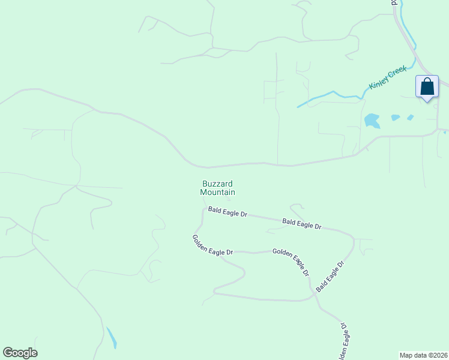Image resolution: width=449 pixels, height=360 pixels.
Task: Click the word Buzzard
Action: click(x=217, y=184)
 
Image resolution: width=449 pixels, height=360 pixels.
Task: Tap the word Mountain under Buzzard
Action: click(x=217, y=193)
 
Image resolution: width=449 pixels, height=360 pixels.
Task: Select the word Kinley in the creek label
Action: click(x=379, y=82)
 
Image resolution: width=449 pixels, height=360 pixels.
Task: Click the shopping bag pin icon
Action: click(x=427, y=87)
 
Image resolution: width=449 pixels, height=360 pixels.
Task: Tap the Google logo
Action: click(x=20, y=353)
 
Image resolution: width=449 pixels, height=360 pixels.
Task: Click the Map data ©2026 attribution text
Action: click(x=424, y=355)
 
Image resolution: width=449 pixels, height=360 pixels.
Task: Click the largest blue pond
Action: click(x=372, y=121)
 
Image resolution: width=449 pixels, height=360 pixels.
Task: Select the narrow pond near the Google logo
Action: click(x=112, y=338)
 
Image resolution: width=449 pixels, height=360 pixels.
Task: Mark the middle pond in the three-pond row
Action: click(x=396, y=118)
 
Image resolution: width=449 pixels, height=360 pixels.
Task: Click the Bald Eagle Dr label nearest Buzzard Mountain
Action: click(x=228, y=212)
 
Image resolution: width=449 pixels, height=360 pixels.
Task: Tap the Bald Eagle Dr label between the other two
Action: click(x=301, y=224)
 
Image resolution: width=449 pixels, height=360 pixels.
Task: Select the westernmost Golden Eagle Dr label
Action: click(x=212, y=245)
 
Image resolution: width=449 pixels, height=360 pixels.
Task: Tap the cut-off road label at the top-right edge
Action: click(x=394, y=3)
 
